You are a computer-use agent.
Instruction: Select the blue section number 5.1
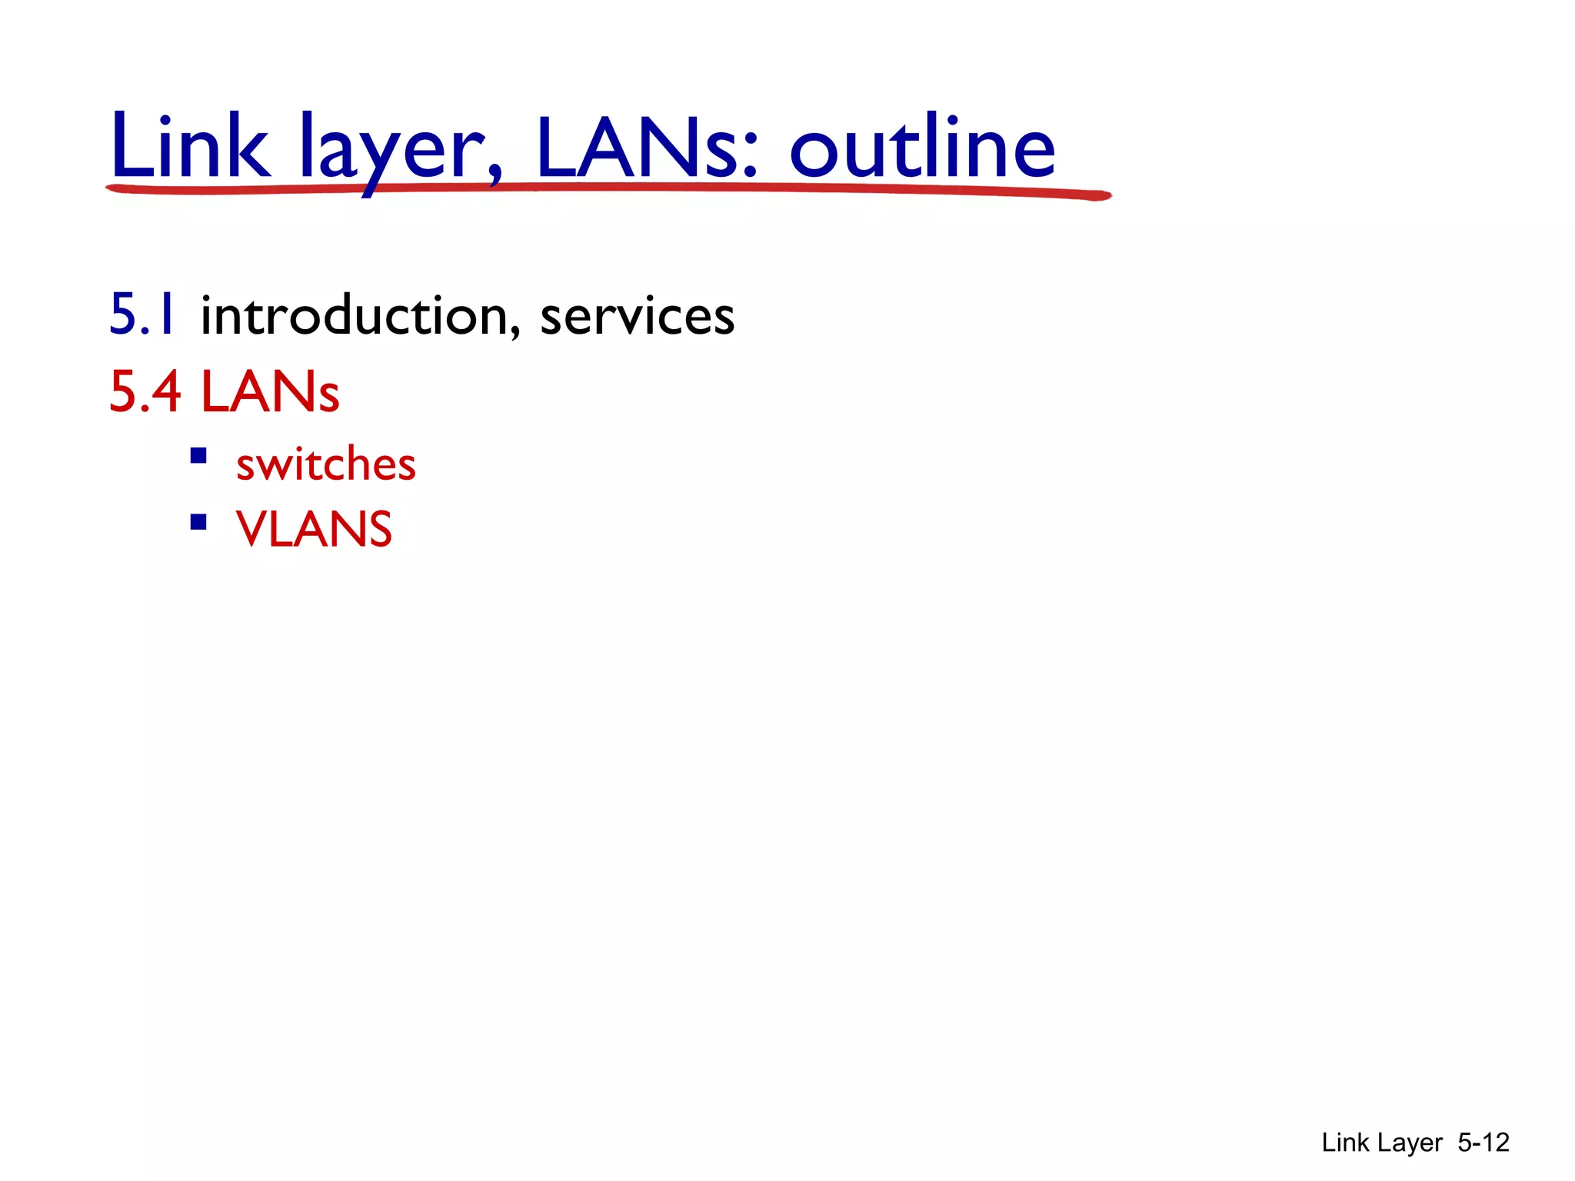click(x=143, y=315)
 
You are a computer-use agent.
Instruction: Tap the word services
click(x=637, y=317)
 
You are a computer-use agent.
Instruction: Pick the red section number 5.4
click(x=145, y=392)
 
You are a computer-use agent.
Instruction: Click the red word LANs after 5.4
click(x=270, y=392)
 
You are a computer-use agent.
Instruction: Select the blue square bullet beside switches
click(x=198, y=457)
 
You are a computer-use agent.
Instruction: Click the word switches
click(x=325, y=464)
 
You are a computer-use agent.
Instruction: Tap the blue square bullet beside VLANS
click(x=198, y=523)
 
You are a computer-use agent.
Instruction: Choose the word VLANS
click(x=314, y=529)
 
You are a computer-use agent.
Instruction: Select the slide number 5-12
click(x=1483, y=1143)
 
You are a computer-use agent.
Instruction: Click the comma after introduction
click(x=514, y=331)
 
